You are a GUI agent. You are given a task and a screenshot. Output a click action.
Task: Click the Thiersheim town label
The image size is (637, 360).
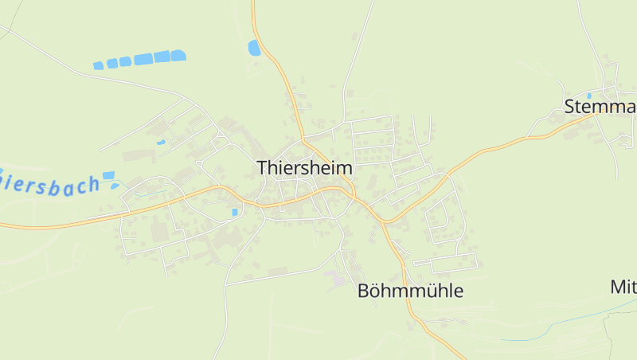point(304,168)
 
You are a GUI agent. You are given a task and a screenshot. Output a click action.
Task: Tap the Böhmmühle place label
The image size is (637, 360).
point(410,291)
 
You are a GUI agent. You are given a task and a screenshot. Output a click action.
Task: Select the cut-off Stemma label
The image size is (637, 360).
point(600,107)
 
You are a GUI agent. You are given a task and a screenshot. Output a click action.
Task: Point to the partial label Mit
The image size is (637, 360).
point(623,286)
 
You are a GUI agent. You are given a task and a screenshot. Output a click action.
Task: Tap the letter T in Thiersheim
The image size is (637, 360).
point(263,168)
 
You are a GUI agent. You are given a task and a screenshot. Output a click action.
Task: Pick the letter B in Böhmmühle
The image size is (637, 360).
point(364,291)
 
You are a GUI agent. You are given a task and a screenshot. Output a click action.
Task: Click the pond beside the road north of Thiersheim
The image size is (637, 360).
point(254,48)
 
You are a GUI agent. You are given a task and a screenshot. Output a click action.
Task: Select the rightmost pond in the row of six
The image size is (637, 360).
point(178,55)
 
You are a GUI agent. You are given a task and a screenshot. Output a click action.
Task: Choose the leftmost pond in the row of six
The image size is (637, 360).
point(99,65)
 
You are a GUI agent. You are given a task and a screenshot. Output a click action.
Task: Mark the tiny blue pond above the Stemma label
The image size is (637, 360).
point(588,95)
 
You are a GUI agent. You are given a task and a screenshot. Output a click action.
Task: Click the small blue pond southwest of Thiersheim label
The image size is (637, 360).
point(234,212)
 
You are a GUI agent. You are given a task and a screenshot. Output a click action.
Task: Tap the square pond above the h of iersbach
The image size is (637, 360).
point(108,175)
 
